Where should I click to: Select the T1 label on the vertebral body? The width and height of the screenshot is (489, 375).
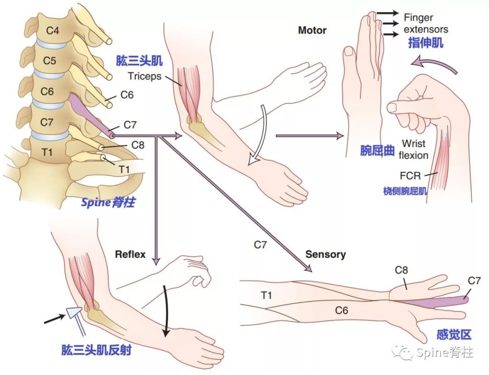tap(47, 152)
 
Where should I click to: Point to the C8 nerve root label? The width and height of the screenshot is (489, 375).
tap(138, 145)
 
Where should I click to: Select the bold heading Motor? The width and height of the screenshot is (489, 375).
tap(312, 31)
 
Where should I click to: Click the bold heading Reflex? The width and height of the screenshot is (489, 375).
tap(130, 255)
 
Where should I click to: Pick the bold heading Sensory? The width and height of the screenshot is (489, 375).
tap(325, 254)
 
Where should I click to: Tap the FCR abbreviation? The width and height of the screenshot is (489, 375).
tap(409, 176)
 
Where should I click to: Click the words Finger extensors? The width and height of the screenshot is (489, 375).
tap(425, 24)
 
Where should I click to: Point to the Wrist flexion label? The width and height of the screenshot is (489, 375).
tap(413, 150)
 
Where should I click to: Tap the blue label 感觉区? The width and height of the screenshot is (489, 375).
tap(454, 335)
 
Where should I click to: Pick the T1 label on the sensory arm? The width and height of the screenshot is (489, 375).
tap(266, 295)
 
